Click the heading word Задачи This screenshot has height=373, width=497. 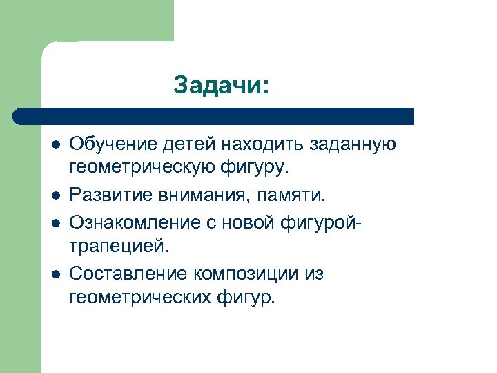[x=220, y=85]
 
